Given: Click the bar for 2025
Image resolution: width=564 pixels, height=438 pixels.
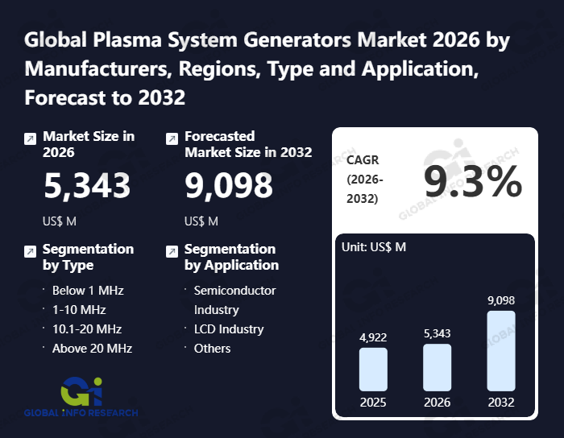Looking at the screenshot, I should click(x=373, y=370).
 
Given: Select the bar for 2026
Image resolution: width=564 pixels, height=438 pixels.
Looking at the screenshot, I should click(x=437, y=368).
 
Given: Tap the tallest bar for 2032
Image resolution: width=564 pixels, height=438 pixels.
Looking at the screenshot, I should click(x=500, y=351).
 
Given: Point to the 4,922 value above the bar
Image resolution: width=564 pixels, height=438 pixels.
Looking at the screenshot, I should click(x=373, y=337).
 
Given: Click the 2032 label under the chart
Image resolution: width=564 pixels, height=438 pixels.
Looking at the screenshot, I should click(x=500, y=402).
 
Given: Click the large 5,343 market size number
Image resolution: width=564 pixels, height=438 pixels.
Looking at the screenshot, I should click(x=87, y=186).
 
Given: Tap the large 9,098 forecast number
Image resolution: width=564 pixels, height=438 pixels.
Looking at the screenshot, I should click(x=229, y=186).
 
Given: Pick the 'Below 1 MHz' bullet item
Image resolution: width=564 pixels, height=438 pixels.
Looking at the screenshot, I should click(x=88, y=291).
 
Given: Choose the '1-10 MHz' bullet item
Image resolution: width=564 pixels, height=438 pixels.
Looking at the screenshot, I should click(x=79, y=310).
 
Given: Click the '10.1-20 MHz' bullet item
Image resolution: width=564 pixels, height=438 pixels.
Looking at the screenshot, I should click(x=87, y=329).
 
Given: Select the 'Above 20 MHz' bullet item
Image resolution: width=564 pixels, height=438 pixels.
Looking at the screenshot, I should click(x=92, y=349).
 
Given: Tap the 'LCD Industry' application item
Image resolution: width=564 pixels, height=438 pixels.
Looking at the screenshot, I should click(x=229, y=329).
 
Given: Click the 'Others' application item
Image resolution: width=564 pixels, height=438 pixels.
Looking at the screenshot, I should click(x=213, y=349).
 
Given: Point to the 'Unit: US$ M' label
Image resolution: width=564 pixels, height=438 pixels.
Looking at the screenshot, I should click(x=375, y=246).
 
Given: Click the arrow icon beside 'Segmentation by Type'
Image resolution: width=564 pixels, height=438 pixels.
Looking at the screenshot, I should click(x=30, y=252).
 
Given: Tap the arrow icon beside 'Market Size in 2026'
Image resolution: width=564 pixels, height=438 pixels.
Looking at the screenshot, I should click(x=30, y=139).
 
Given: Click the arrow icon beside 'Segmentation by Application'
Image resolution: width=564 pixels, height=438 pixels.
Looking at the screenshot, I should click(x=172, y=252).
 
